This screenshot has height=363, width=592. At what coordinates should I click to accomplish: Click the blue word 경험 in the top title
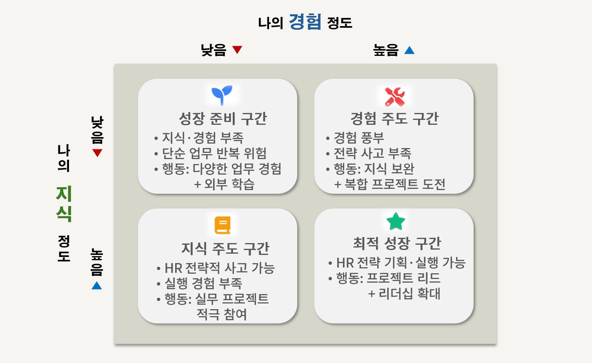[305, 22]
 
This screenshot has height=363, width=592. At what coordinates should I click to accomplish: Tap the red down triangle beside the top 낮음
[237, 49]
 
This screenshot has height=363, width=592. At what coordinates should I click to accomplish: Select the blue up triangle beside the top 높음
[410, 50]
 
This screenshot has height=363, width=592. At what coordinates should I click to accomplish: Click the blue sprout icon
[222, 95]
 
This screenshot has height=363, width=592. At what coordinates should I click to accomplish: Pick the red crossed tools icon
[394, 97]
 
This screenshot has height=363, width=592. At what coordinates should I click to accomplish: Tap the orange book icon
[223, 225]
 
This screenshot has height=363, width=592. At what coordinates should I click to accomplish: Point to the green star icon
[396, 221]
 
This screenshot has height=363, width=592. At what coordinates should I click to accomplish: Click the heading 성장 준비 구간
[223, 119]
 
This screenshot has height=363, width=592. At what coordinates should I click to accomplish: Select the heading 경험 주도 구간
[394, 119]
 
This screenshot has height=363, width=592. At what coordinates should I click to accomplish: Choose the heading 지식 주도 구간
[225, 249]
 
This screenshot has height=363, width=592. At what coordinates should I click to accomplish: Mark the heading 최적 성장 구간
[397, 243]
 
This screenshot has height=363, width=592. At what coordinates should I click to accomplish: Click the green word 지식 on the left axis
[64, 204]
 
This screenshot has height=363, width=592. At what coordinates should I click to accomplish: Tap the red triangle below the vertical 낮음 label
[97, 153]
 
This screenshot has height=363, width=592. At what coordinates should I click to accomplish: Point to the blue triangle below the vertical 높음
[97, 286]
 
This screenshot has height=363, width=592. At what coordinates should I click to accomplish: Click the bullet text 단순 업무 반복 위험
[214, 153]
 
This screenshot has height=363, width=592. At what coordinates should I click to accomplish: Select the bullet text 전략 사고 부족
[372, 153]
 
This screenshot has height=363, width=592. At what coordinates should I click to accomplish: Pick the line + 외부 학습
[224, 184]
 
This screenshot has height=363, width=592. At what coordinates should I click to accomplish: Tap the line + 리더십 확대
[404, 294]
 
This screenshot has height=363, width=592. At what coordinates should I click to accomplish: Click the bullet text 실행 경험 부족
[203, 283]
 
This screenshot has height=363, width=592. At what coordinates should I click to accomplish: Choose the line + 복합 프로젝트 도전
[389, 184]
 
